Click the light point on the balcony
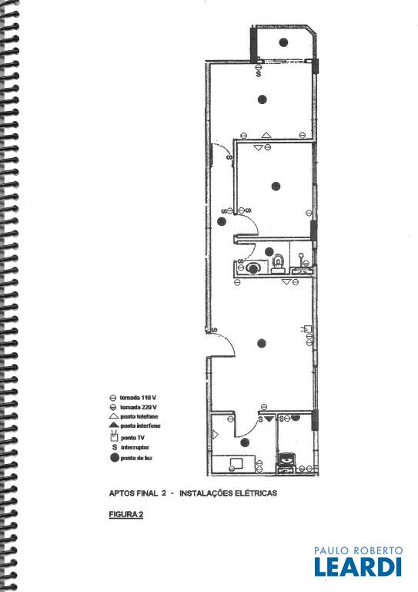283,42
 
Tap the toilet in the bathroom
278,263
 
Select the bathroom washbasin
252,268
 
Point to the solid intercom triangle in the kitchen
269,419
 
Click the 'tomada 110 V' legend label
138,398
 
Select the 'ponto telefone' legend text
139,416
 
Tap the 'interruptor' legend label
135,447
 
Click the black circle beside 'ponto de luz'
114,458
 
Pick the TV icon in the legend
113,438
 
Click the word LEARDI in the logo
358,567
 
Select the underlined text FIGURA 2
126,514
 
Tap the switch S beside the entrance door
215,330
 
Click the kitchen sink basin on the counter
236,462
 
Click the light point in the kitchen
245,442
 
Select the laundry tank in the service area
287,460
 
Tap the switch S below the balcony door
259,74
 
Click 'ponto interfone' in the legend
140,425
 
